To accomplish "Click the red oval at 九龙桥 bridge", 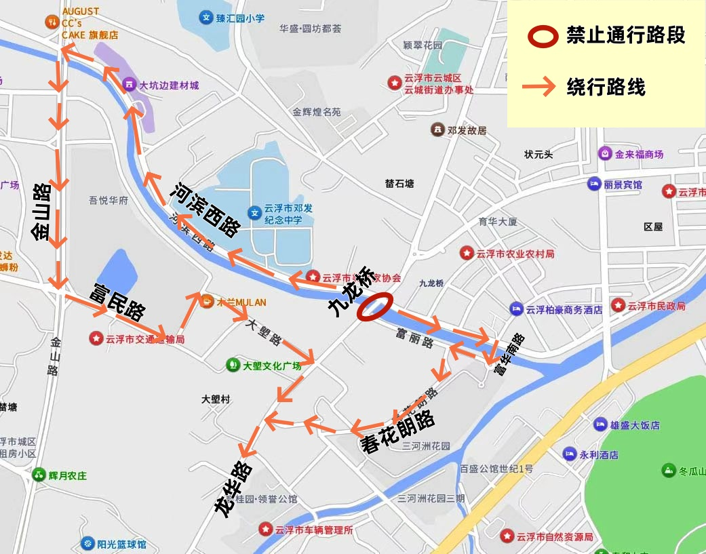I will [x=375, y=306].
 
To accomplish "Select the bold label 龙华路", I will [x=233, y=490].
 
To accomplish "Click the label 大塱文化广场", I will [x=272, y=365].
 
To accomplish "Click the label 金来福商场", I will [x=639, y=154].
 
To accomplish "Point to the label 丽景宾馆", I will [x=623, y=184].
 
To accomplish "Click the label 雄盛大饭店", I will [x=635, y=425].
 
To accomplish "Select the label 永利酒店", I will [x=599, y=455].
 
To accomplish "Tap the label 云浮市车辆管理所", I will [x=314, y=530].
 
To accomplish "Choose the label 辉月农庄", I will [x=68, y=475].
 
